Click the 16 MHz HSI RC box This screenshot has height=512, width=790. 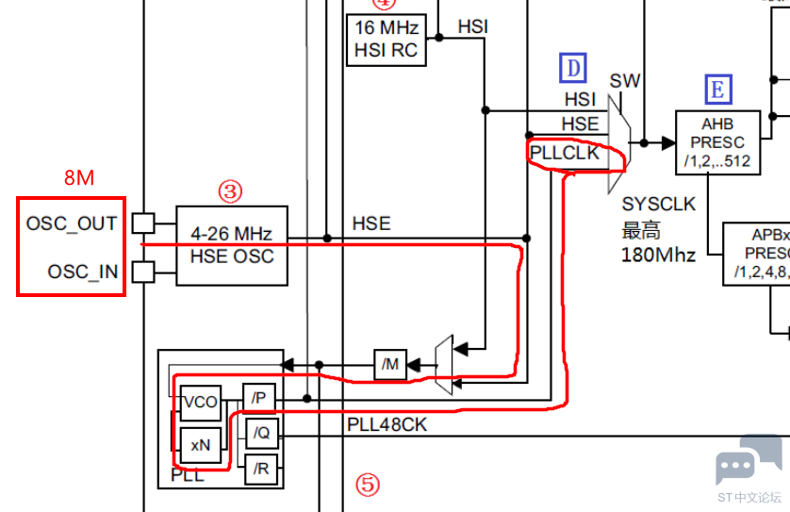coord(387,40)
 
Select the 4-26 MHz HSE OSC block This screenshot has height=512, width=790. coord(232,245)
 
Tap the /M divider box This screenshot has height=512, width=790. coord(390,364)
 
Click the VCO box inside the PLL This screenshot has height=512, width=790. coord(201,402)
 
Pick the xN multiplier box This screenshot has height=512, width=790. coord(201,445)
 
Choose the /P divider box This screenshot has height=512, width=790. coord(259,398)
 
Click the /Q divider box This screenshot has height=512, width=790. coord(261,433)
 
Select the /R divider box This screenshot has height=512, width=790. coord(261,470)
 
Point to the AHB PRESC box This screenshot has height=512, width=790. coord(717,142)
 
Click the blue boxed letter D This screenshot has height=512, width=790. coord(573,68)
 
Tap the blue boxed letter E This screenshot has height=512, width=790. coord(718,90)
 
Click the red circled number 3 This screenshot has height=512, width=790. coord(230,191)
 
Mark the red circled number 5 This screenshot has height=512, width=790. coord(368,485)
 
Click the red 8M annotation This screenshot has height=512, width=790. coord(79,178)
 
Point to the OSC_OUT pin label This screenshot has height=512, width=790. coord(72,223)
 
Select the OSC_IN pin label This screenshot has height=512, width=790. coord(83,272)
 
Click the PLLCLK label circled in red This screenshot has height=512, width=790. coord(565,153)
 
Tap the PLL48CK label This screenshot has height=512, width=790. coord(387,425)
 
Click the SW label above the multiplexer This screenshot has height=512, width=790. coord(625,81)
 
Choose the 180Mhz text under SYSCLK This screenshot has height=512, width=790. coord(658,255)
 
